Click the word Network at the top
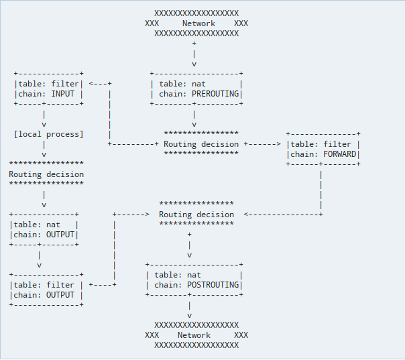point(198,23)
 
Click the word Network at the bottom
point(194,335)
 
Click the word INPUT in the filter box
point(63,94)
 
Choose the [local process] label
point(49,134)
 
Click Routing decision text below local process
point(46,174)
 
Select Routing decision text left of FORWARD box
point(201,144)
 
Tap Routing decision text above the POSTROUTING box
point(196,215)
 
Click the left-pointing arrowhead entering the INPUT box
point(92,84)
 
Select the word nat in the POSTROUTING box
point(194,275)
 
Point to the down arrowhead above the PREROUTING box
point(194,64)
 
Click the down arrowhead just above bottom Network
point(190,315)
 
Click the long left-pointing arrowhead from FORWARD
point(247,215)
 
